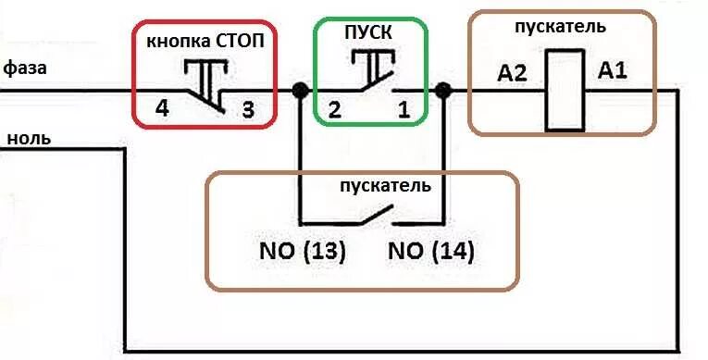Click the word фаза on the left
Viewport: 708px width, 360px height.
coord(26,68)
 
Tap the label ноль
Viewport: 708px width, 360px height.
coord(29,139)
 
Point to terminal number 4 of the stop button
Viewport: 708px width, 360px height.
coord(163,109)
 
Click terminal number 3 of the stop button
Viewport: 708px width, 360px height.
coord(247,109)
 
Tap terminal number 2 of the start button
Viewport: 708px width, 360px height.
coord(334,109)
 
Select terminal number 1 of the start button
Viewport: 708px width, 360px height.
coord(403,109)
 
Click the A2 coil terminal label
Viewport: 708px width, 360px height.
coord(511,74)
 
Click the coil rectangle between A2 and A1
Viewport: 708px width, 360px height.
coord(565,91)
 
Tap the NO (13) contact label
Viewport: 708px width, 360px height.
coord(301,251)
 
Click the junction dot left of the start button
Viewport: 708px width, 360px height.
coord(300,91)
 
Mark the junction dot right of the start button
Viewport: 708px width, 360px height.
coord(443,91)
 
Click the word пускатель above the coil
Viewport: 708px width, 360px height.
coord(560,26)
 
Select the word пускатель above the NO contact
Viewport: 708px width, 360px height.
coord(386,185)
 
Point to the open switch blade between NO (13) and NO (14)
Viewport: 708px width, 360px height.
coord(370,214)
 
